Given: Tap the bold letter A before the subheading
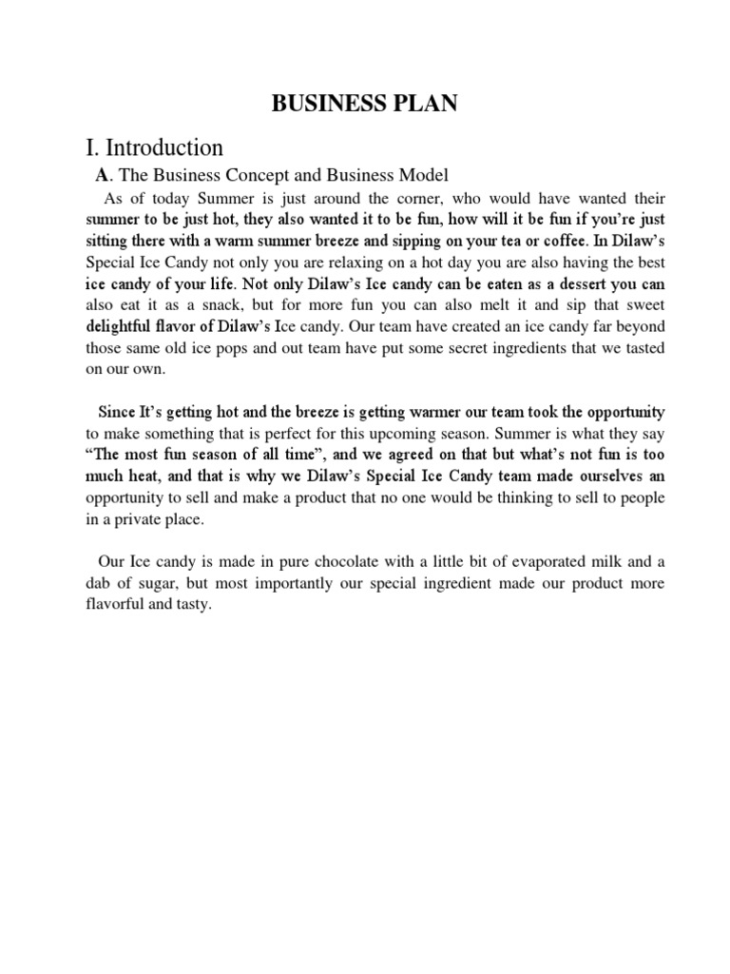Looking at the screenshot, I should click(103, 175).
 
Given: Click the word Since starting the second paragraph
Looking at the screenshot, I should click(117, 411).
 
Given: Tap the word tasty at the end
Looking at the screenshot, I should click(186, 603).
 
